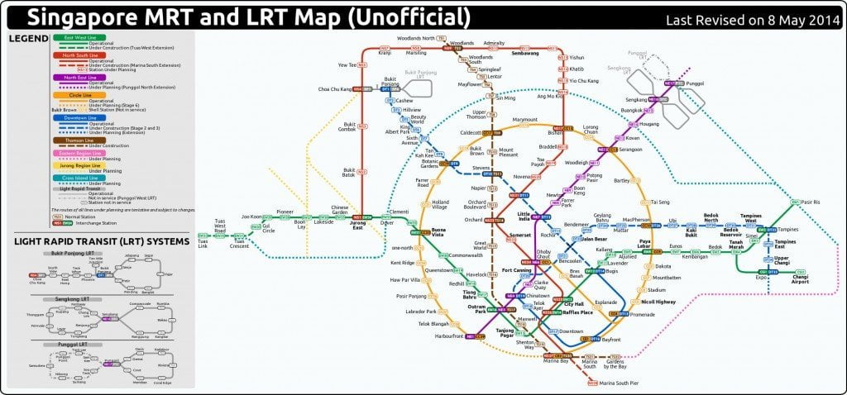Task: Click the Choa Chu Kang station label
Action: click(x=335, y=88)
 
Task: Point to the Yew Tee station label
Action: click(x=347, y=64)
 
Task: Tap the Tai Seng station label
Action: click(x=660, y=202)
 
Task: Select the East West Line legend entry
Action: click(x=75, y=38)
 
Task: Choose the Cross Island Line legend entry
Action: click(x=79, y=177)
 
